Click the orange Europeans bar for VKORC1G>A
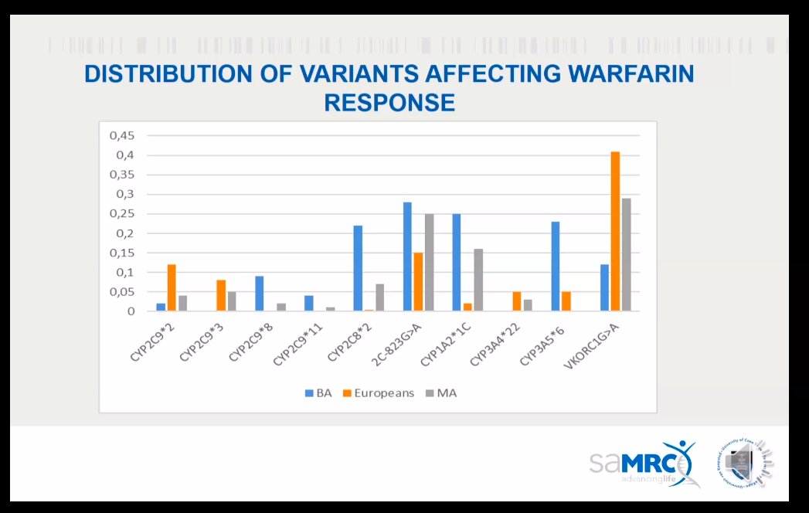pos(615,232)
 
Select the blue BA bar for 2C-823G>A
pos(407,257)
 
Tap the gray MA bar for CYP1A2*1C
pos(478,280)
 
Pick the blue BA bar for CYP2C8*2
pos(358,269)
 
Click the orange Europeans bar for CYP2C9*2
pos(172,288)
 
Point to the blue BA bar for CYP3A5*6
pos(555,267)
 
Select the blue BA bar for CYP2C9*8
pos(259,294)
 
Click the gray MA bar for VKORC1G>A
pos(626,255)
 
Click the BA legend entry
pos(318,393)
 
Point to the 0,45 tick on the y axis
pos(122,136)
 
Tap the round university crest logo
pos(745,464)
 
